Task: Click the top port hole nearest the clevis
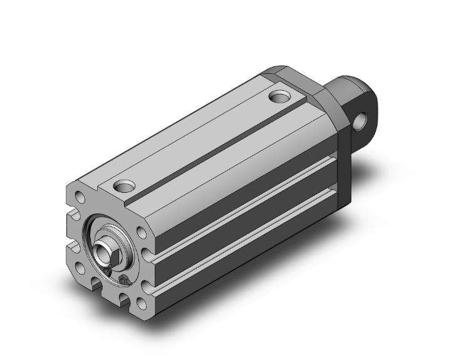coord(279,97)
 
